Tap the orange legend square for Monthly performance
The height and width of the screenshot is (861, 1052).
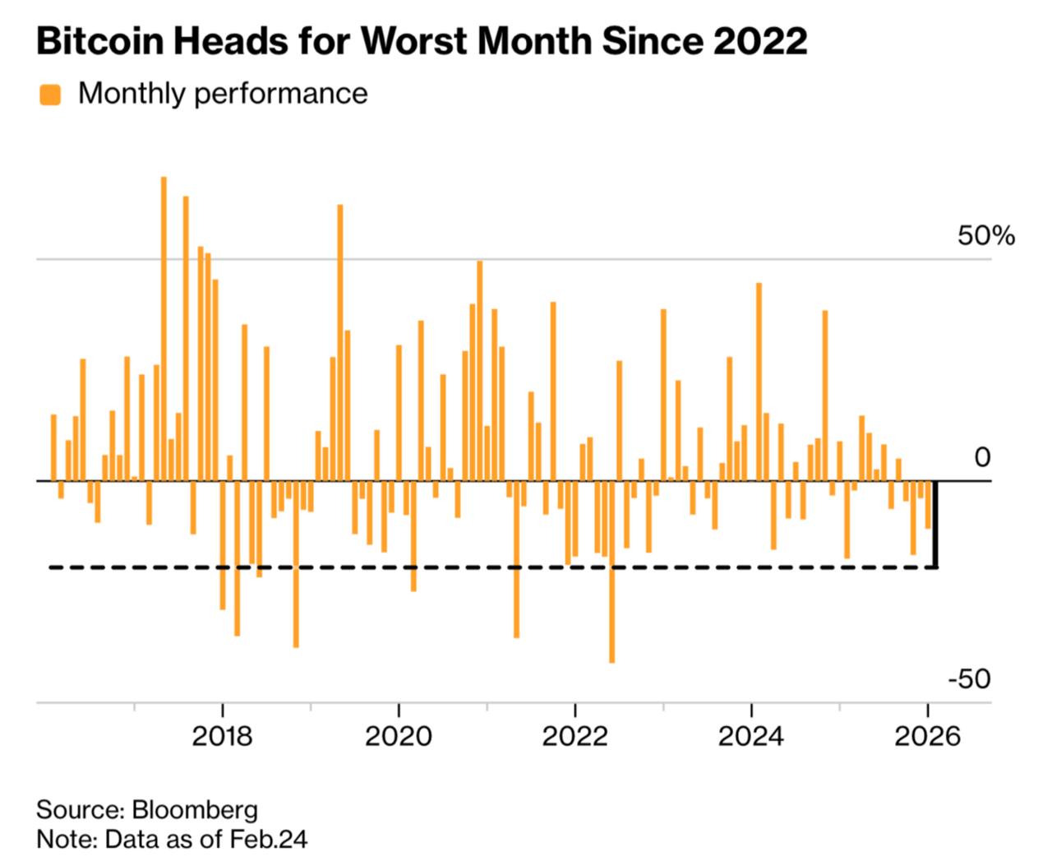coord(50,95)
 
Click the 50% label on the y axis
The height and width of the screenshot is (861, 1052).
coord(985,236)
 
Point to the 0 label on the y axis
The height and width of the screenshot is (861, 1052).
coord(982,457)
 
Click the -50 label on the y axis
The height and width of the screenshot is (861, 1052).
coord(969,679)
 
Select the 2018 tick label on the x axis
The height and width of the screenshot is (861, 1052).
coord(222,735)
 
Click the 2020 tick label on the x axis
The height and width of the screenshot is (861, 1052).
coord(399,735)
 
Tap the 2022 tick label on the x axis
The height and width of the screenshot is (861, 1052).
coord(575,735)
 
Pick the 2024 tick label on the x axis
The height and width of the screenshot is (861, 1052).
coord(751,735)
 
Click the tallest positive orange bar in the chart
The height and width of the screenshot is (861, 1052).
coord(164,329)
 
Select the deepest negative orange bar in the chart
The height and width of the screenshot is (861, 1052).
coord(611,572)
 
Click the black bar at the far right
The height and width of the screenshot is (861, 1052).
coord(935,524)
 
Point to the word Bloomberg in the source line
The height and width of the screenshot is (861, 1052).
coord(195,809)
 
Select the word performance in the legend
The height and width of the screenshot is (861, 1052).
coord(281,94)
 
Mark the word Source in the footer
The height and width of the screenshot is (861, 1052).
coord(79,809)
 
